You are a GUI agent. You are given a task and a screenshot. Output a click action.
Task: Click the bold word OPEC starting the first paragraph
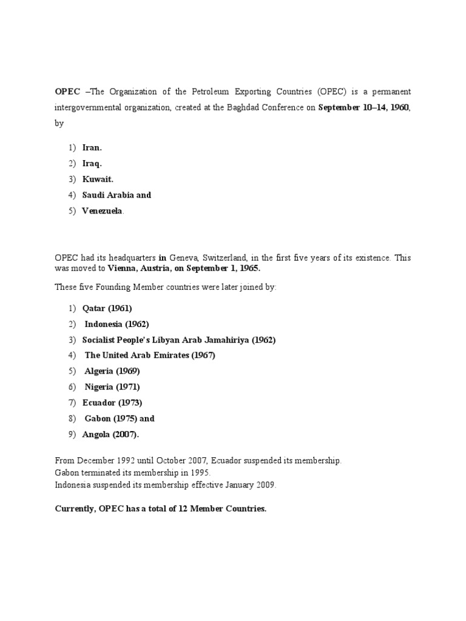point(67,92)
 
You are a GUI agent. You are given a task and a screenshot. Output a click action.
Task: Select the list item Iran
point(92,147)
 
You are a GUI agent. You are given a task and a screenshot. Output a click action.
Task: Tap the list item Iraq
point(92,163)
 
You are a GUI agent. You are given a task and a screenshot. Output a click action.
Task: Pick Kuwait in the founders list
point(98,179)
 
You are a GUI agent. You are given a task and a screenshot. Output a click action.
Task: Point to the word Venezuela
point(103,210)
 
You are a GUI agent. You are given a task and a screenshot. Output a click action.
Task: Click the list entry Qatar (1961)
point(107,308)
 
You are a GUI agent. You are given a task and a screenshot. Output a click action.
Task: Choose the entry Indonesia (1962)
point(116,324)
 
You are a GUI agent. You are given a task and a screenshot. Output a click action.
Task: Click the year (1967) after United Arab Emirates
point(203,355)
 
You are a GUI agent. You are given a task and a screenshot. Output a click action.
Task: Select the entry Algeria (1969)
point(112,371)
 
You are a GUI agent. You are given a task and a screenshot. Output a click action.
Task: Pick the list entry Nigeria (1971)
point(112,387)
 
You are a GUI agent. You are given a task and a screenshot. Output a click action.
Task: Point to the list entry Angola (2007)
point(110,434)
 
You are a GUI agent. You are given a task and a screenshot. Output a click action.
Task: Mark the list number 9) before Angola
point(72,434)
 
